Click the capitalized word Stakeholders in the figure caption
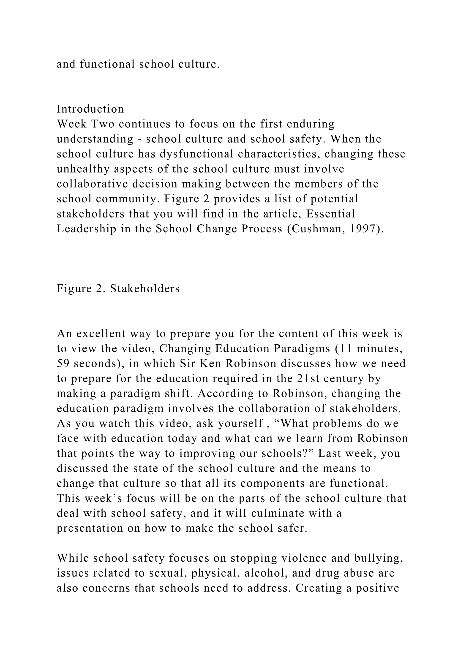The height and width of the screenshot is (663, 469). (145, 288)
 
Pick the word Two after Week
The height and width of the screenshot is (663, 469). (103, 124)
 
